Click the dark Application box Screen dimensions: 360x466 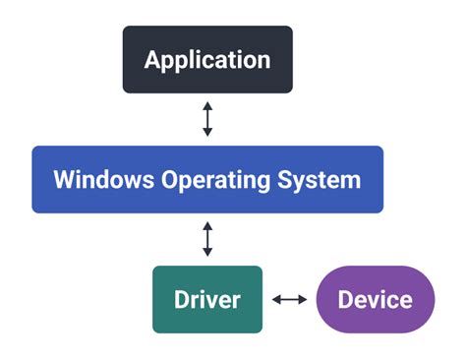click(207, 59)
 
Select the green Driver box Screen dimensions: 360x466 click(207, 299)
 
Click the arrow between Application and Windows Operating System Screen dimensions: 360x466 click(207, 119)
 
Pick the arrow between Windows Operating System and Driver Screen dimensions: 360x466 click(207, 239)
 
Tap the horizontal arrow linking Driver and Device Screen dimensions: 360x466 click(290, 299)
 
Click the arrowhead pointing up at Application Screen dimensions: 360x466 click(207, 105)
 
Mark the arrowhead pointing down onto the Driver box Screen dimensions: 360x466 click(207, 253)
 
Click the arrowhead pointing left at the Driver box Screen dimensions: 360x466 click(277, 299)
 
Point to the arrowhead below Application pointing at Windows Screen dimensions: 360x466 click(207, 133)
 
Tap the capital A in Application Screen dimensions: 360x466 click(152, 59)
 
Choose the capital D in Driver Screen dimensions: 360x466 click(181, 299)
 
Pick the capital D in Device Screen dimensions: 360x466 click(345, 299)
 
